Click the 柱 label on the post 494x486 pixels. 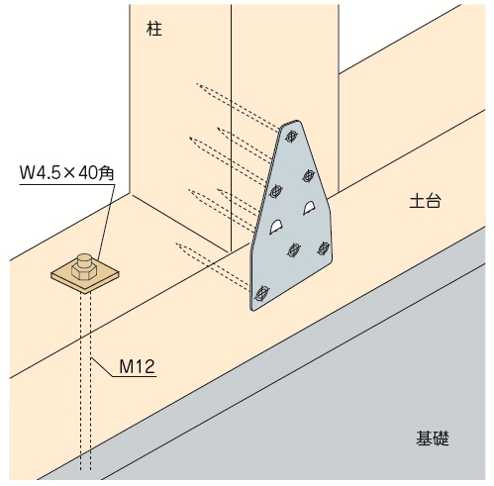tap(154, 29)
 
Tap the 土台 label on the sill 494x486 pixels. tap(425, 201)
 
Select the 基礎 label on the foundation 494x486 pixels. tap(433, 438)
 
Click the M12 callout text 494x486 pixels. tap(137, 366)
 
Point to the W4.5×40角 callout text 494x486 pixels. tap(67, 172)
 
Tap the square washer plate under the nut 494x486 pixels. tap(85, 276)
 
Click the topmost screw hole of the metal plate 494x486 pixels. tap(291, 137)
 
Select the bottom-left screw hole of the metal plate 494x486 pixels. tap(262, 292)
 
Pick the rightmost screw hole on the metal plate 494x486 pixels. tap(324, 248)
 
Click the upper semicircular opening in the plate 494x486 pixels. tap(310, 208)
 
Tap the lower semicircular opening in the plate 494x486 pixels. tap(276, 227)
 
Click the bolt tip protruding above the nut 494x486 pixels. tap(84, 259)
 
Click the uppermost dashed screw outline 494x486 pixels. tap(238, 107)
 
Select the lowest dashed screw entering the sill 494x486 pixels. tap(213, 266)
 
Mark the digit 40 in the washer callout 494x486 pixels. tap(86, 172)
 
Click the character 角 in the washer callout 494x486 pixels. tap(106, 173)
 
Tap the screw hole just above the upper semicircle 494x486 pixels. tap(309, 176)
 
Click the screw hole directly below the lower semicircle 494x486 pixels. tap(294, 249)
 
